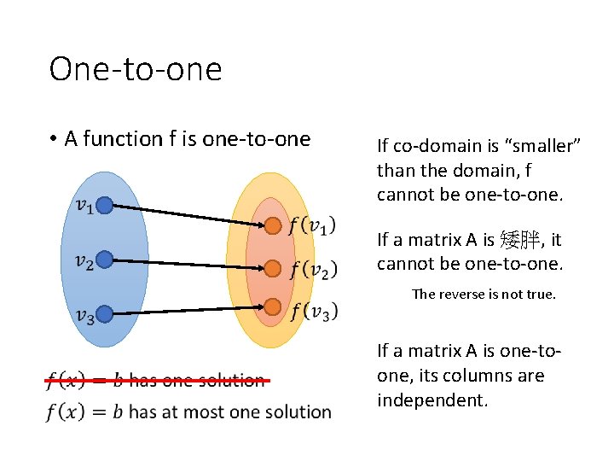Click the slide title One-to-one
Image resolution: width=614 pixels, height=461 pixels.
pyautogui.click(x=136, y=68)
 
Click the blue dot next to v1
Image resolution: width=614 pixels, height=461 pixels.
pyautogui.click(x=105, y=205)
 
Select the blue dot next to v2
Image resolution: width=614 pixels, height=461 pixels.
pyautogui.click(x=105, y=260)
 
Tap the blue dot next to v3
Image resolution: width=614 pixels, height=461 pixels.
pyautogui.click(x=105, y=315)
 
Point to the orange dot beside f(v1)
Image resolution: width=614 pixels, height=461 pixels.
pyautogui.click(x=272, y=226)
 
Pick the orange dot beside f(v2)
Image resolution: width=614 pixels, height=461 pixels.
pyautogui.click(x=272, y=268)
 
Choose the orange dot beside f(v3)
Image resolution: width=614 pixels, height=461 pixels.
pyautogui.click(x=272, y=306)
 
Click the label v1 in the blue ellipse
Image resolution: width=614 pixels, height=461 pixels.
pyautogui.click(x=84, y=206)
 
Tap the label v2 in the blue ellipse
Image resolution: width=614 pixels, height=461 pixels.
pyautogui.click(x=84, y=262)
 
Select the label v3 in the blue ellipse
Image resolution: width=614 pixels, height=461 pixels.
pyautogui.click(x=84, y=317)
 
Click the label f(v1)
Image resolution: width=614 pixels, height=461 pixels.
pyautogui.click(x=312, y=225)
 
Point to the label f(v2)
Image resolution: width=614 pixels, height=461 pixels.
pyautogui.click(x=313, y=269)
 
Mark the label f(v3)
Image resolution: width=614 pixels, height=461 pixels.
pyautogui.click(x=313, y=311)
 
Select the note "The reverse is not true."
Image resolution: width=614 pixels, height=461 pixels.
pyautogui.click(x=484, y=295)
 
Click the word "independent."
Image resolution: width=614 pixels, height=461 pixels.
pyautogui.click(x=432, y=400)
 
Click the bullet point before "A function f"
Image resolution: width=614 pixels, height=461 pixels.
pyautogui.click(x=53, y=139)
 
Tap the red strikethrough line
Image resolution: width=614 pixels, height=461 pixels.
pyautogui.click(x=158, y=380)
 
